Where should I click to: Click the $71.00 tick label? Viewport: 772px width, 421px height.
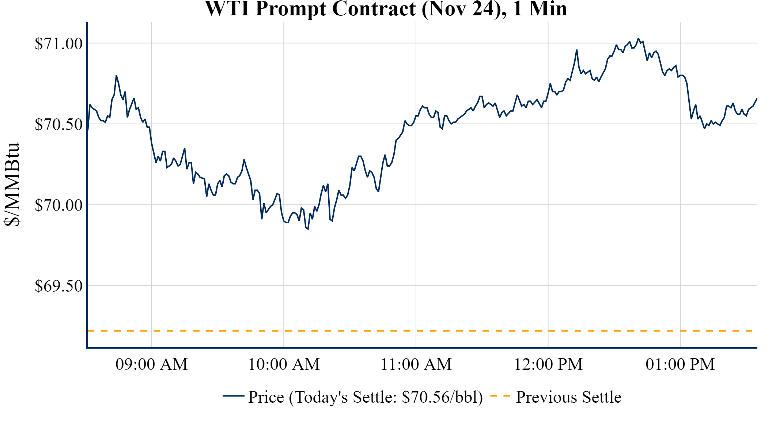tap(58, 43)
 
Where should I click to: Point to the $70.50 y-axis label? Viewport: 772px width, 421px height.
tap(58, 125)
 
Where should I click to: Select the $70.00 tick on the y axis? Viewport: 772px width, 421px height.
tap(58, 205)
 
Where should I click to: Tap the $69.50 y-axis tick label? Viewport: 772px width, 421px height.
tap(58, 286)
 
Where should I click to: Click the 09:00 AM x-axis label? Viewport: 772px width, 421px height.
tap(151, 364)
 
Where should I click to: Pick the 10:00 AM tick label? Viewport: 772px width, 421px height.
tap(284, 364)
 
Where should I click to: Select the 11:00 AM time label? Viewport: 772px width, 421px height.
tap(416, 364)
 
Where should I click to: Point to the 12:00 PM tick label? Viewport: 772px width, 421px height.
tap(548, 364)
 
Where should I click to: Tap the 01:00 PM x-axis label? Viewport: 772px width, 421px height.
tap(680, 364)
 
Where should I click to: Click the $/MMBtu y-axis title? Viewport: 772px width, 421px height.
tap(12, 185)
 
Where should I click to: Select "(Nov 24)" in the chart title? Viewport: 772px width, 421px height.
tap(464, 9)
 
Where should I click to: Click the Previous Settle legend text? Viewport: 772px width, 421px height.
tap(568, 397)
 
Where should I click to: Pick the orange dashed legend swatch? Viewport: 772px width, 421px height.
tap(500, 396)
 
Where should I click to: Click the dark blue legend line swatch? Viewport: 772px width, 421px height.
tap(233, 396)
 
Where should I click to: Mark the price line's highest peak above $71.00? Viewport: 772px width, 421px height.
tap(639, 38)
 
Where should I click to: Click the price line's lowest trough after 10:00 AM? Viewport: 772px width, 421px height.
tap(308, 229)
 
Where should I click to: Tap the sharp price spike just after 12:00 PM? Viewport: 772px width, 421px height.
tap(576, 50)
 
